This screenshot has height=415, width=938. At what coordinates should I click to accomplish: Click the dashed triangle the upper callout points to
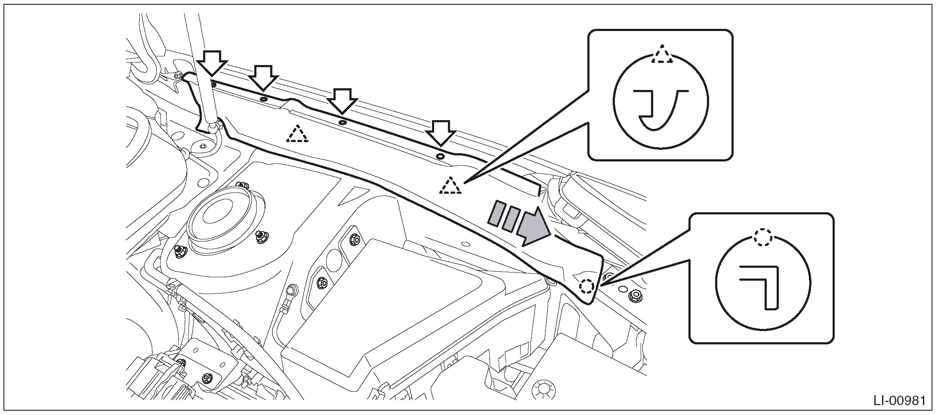[450, 186]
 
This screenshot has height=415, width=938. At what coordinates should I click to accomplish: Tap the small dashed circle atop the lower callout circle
[763, 238]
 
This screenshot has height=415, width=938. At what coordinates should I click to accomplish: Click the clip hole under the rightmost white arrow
[440, 156]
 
